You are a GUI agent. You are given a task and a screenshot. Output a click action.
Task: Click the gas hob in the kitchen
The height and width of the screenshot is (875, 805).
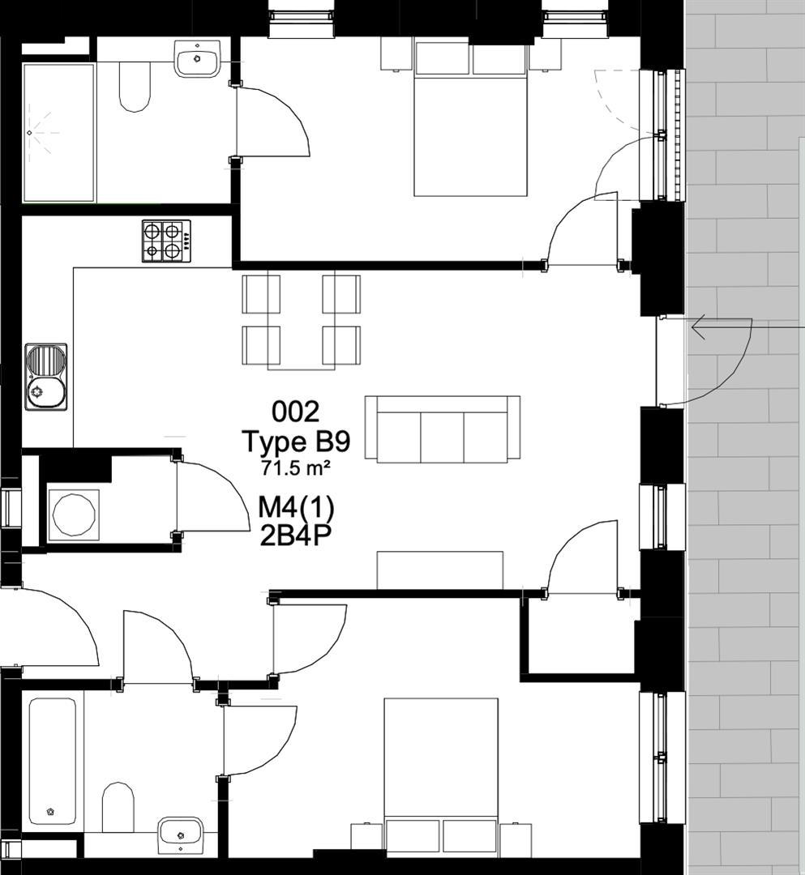[x=166, y=241]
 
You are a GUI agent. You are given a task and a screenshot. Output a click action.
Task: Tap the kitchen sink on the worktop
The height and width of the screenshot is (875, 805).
[x=45, y=378]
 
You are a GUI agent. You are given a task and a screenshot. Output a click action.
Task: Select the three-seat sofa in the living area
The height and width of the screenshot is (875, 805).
[x=443, y=429]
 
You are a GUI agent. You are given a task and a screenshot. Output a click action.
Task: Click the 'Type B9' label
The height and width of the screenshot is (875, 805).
[x=297, y=442]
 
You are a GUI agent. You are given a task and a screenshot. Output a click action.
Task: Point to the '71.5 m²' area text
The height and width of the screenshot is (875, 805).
[x=296, y=467]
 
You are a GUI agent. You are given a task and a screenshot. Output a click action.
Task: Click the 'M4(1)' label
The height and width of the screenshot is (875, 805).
[x=296, y=508]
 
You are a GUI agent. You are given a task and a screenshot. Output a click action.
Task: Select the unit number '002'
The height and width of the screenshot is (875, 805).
[x=296, y=412]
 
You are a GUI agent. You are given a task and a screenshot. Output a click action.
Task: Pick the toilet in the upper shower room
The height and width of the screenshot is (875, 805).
[x=135, y=86]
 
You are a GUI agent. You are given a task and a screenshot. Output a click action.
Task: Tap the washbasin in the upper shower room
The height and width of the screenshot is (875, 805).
[x=198, y=58]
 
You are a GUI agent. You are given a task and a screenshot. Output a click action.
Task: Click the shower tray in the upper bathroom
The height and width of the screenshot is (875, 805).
[x=58, y=133]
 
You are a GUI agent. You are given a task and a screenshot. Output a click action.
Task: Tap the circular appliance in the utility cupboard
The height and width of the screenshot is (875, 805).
[x=74, y=515]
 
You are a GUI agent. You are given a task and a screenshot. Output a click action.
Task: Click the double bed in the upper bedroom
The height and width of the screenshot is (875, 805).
[x=471, y=119]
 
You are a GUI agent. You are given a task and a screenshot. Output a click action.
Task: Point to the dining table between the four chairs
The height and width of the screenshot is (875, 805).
[x=302, y=322]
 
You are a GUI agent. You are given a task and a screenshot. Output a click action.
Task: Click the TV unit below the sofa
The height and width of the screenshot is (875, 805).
[x=440, y=570]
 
